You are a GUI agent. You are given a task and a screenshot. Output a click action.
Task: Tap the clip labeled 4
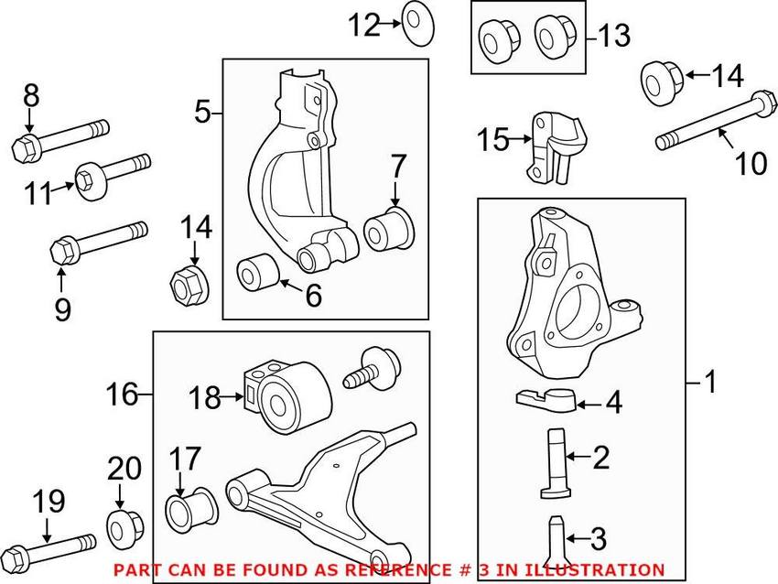543,398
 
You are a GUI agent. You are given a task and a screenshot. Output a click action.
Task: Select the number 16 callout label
121,395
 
